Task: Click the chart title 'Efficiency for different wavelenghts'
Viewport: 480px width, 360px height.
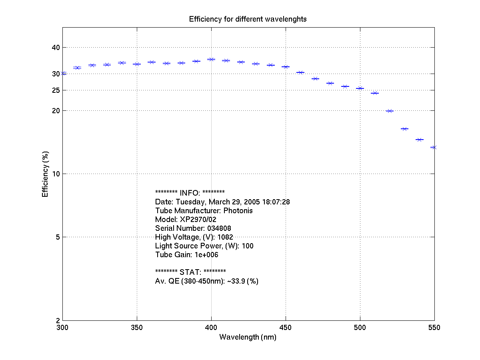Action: (248, 19)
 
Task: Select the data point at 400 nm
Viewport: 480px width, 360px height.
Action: (211, 59)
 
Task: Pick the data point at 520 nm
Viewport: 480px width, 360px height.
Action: (390, 111)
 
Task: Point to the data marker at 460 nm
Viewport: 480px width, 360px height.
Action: (300, 72)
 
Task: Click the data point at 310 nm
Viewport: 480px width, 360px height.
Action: (77, 68)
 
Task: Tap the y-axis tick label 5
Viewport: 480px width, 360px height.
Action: (57, 237)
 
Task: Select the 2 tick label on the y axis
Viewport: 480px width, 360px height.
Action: (57, 320)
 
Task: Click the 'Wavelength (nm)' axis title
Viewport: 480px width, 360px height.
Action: (248, 337)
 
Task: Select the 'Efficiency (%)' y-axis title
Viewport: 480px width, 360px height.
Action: (45, 174)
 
